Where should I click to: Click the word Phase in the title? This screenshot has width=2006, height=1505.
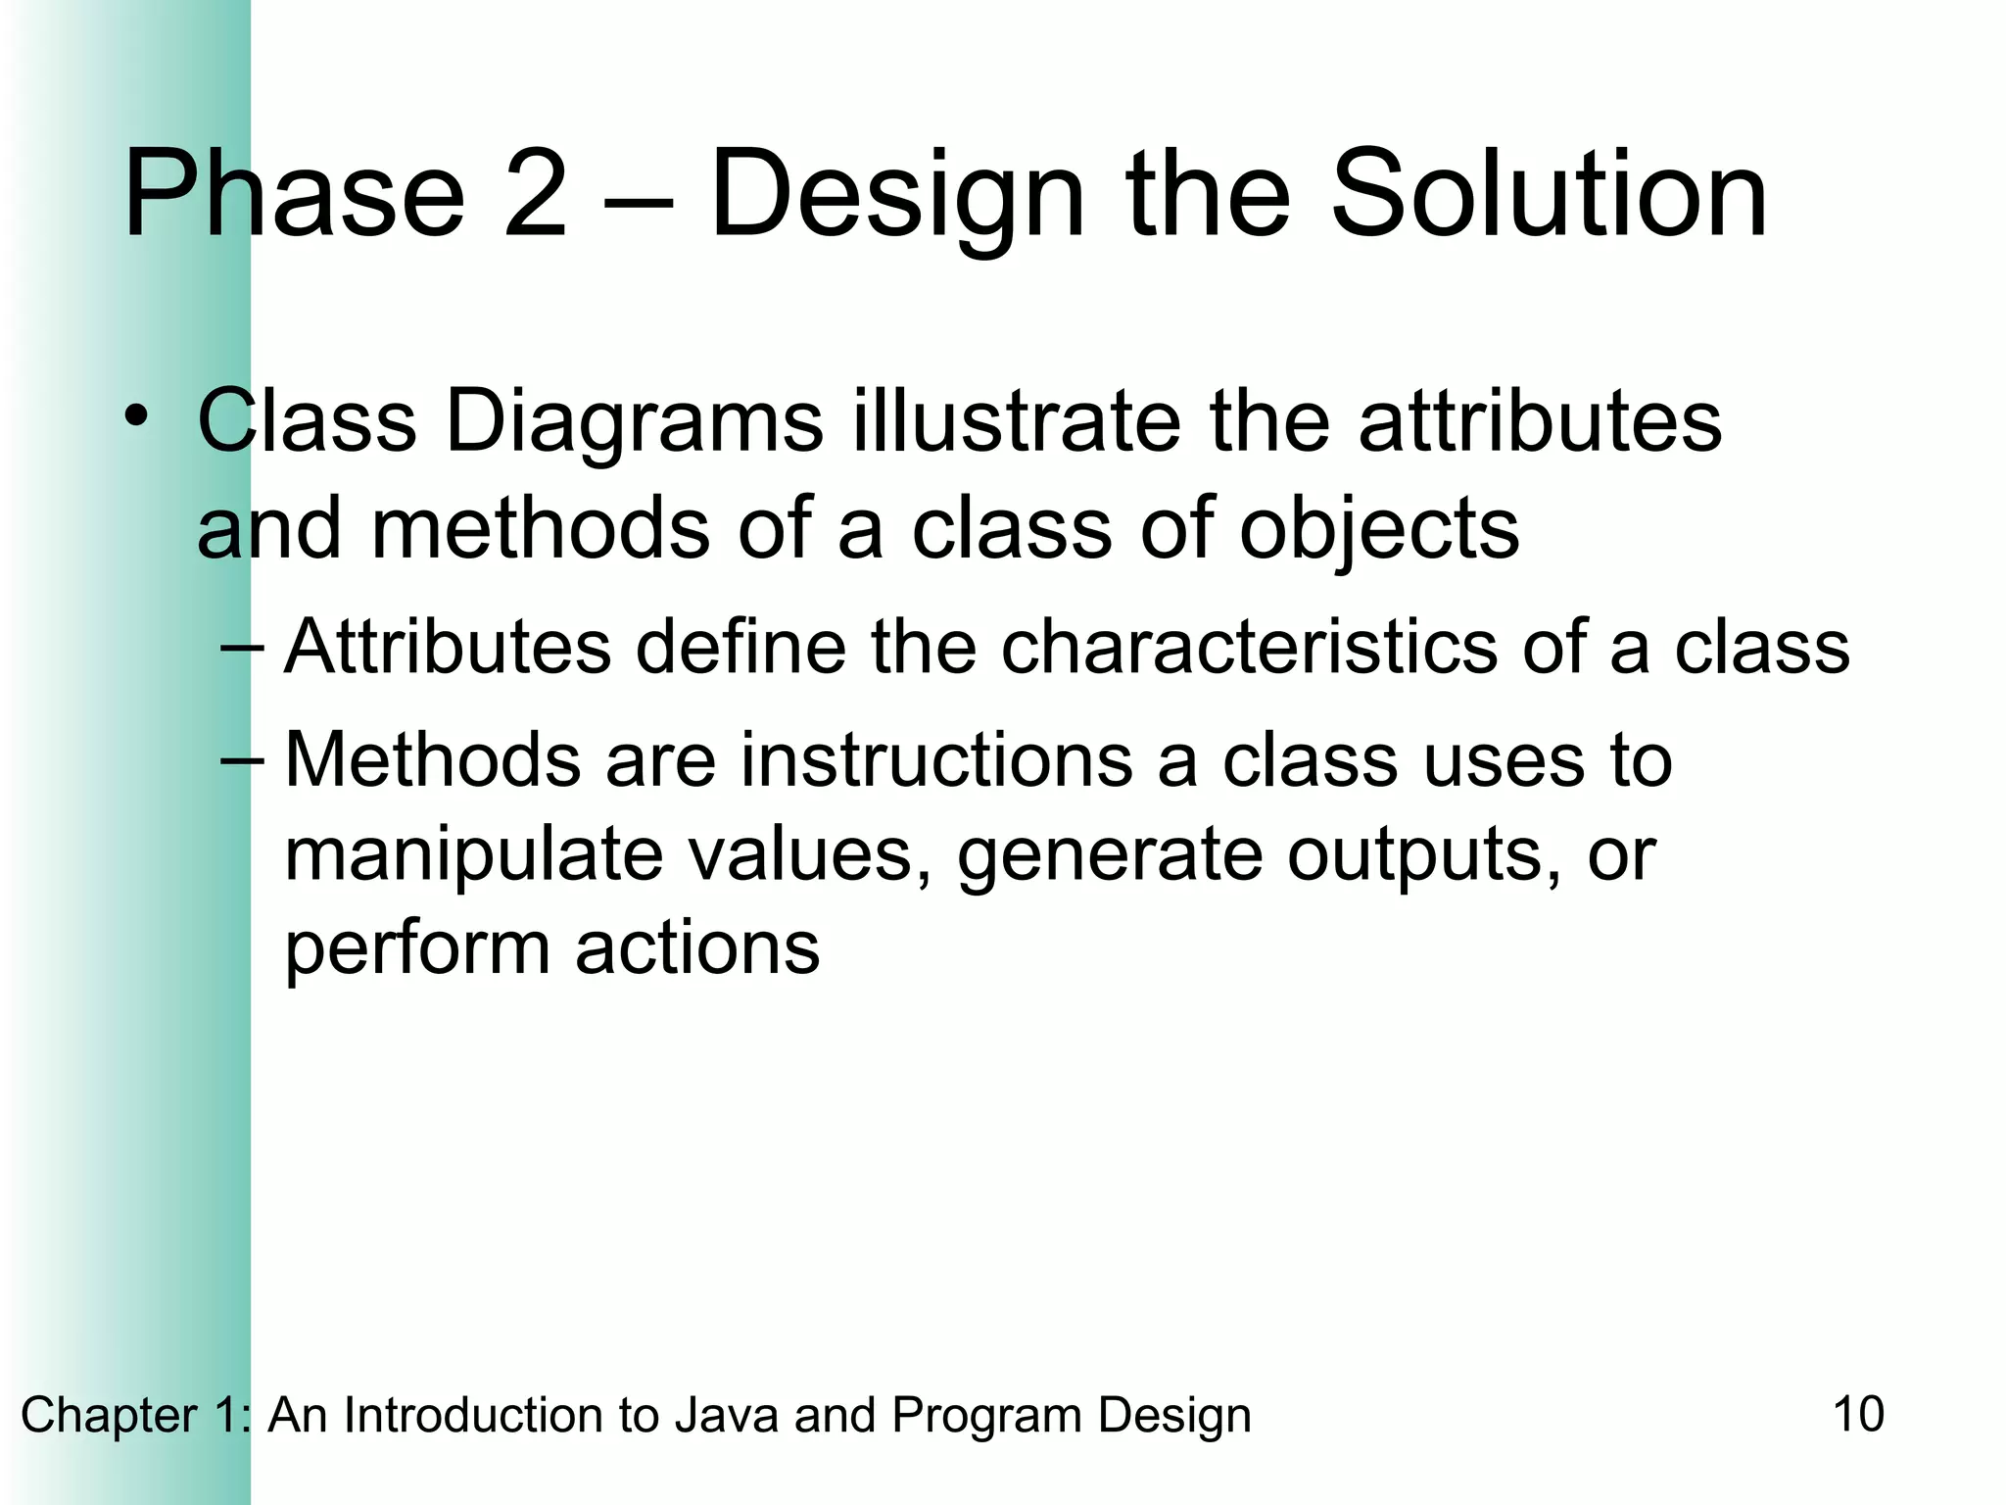click(293, 193)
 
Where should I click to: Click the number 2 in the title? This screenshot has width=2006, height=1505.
click(535, 193)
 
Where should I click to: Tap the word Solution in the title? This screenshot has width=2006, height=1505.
click(1548, 193)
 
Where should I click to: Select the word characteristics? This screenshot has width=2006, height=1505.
click(1248, 648)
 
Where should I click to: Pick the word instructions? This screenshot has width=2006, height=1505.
click(935, 760)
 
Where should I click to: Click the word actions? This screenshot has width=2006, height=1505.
click(696, 948)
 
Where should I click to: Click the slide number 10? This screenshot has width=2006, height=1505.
click(1857, 1415)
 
